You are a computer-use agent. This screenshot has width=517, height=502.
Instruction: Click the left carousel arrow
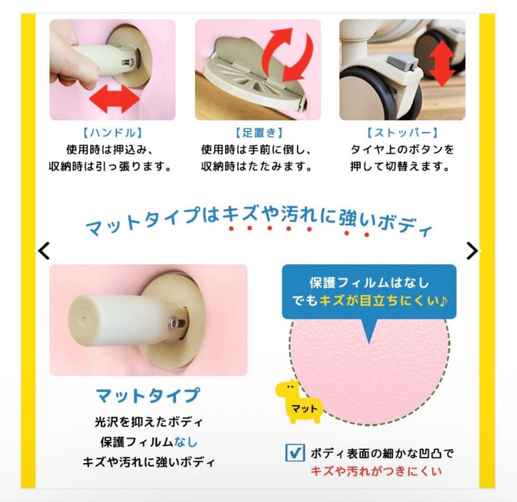[x=44, y=250]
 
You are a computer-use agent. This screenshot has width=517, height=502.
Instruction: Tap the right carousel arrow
[x=472, y=250]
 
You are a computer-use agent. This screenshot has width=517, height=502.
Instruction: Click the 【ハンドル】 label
[x=113, y=133]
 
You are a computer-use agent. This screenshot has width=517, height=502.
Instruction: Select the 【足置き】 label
[x=258, y=133]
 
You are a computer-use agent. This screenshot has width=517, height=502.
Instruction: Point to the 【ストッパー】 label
[x=402, y=133]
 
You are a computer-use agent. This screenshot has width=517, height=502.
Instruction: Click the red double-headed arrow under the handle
[x=114, y=100]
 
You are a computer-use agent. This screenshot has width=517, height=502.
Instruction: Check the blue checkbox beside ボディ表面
[x=295, y=452]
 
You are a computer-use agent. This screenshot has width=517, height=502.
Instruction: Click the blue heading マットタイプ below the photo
[x=148, y=396]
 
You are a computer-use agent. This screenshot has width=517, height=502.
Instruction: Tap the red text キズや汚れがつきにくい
[x=376, y=471]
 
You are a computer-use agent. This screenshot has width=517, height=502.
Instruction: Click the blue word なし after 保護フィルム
[x=186, y=441]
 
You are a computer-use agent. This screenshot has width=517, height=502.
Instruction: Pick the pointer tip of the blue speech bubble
[x=369, y=341]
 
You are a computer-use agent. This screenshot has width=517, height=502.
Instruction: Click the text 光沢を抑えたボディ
[x=148, y=422]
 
